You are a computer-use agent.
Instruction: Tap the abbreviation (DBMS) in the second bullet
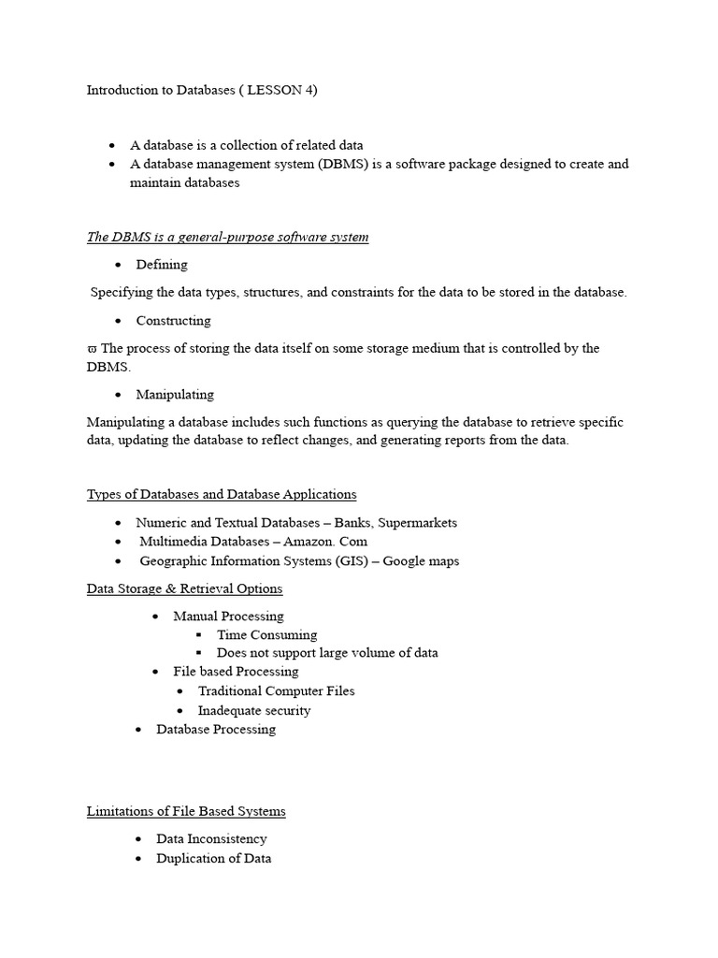[344, 164]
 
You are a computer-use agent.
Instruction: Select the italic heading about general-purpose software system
[227, 237]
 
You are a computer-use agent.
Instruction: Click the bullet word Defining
[162, 265]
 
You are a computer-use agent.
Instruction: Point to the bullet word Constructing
[173, 321]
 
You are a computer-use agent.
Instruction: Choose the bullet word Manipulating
[175, 395]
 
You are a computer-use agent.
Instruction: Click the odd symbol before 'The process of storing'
[92, 349]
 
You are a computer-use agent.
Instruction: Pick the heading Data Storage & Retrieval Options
[184, 588]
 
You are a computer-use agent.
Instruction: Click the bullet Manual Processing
[228, 617]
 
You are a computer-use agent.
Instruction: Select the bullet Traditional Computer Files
[276, 691]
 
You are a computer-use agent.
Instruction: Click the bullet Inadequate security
[253, 711]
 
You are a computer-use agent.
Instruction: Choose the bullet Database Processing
[215, 730]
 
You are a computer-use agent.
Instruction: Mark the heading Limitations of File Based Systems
[186, 811]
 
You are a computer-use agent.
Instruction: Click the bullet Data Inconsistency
[211, 839]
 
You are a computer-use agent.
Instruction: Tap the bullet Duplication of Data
[213, 859]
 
